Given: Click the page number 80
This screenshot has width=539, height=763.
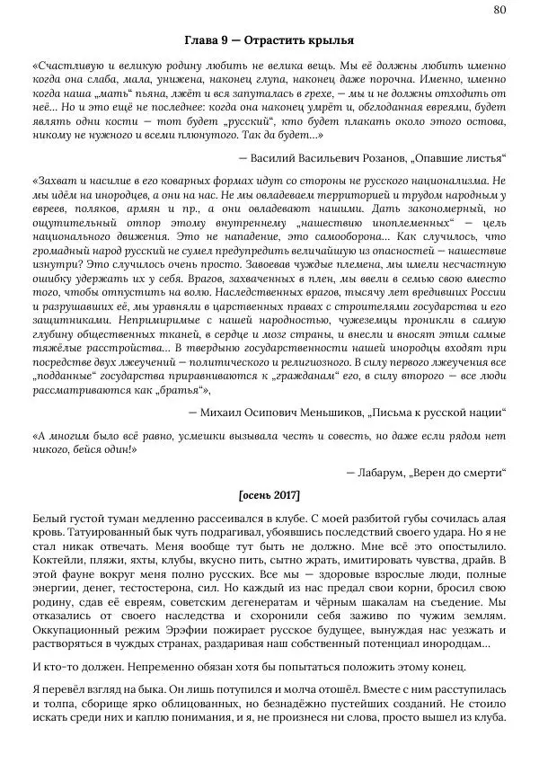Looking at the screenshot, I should point(500,9).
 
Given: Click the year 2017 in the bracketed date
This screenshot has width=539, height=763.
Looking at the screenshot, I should point(284,495).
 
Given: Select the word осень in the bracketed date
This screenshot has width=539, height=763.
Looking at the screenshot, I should point(256,495).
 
